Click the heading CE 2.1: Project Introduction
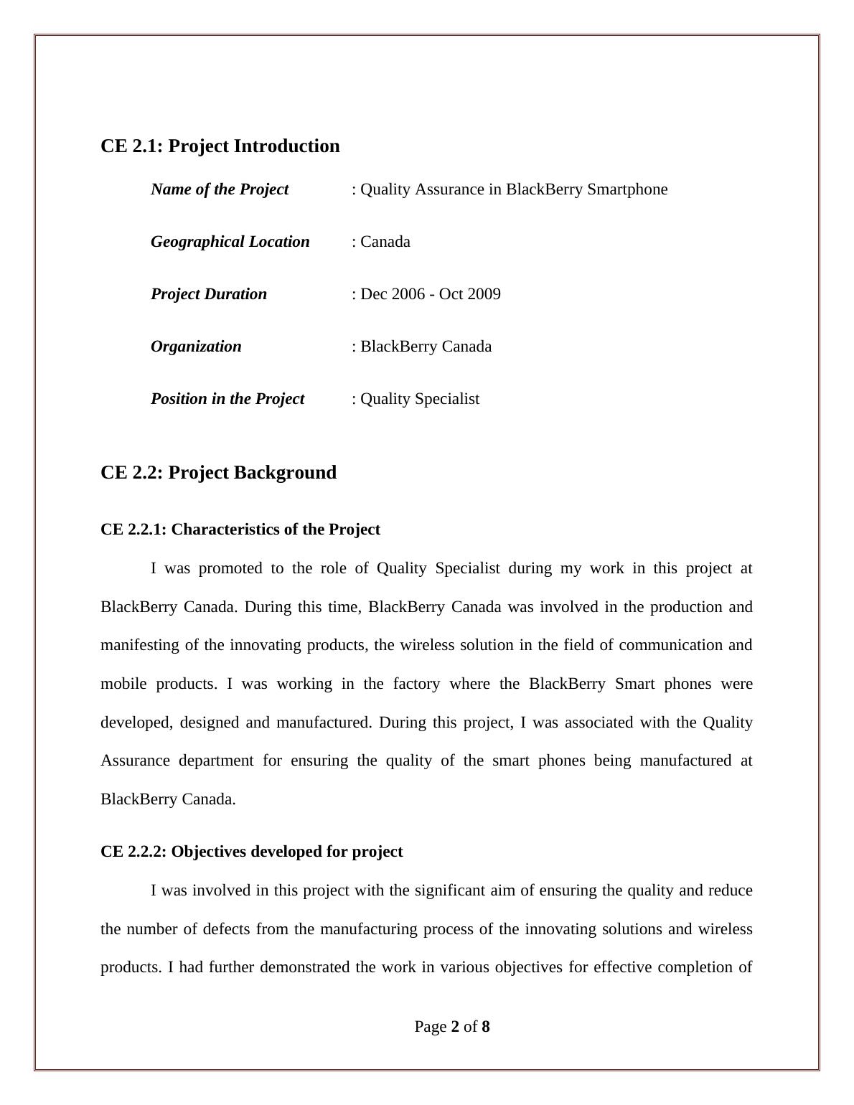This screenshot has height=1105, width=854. coord(220,146)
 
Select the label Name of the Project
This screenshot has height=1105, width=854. coord(219,189)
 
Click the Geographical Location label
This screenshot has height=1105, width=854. coord(230,242)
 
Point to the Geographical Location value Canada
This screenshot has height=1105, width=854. coord(385,242)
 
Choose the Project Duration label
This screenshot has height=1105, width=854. coord(208,294)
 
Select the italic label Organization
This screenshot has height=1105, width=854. coord(196,347)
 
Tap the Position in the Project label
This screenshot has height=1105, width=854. coord(227,399)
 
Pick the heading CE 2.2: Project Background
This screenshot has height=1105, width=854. coord(218,472)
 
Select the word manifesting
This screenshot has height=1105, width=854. coord(140,645)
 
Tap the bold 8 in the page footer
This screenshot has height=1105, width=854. coord(486,1027)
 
